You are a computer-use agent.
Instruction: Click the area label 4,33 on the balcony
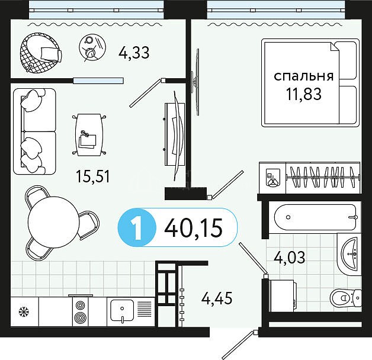click(134, 53)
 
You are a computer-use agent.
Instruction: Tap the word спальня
click(304, 76)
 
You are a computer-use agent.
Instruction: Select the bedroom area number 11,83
click(304, 94)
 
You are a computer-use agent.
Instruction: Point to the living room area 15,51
click(93, 176)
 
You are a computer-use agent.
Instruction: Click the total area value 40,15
click(193, 228)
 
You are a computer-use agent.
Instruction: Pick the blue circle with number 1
click(137, 228)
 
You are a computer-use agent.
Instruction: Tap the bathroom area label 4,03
click(290, 257)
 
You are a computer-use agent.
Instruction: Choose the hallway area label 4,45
click(217, 298)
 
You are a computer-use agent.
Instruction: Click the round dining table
click(54, 222)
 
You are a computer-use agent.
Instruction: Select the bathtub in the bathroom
click(315, 217)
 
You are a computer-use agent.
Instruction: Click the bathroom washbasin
click(349, 254)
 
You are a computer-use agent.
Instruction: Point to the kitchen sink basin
click(122, 310)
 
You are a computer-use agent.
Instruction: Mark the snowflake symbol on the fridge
click(24, 311)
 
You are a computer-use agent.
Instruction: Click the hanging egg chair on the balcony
click(41, 53)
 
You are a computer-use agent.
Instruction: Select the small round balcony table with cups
click(92, 47)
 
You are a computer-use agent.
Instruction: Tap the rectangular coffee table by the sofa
click(89, 134)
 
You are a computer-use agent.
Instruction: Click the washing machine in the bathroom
click(282, 295)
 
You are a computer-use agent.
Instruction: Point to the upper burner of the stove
click(80, 306)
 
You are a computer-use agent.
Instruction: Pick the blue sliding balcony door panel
click(98, 81)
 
